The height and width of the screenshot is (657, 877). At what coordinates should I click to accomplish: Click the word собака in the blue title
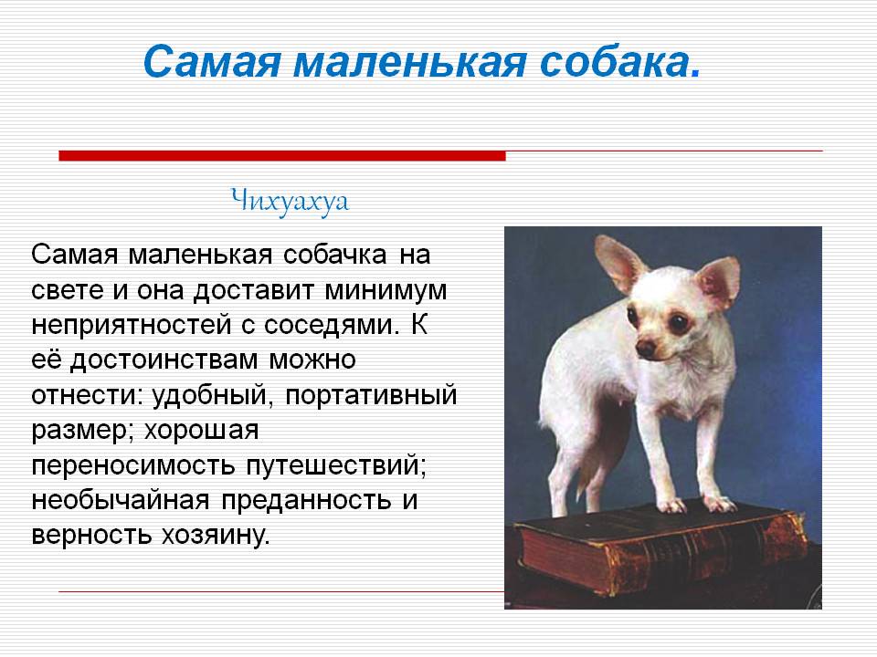(614, 61)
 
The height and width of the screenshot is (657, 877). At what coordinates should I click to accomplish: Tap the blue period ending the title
(695, 73)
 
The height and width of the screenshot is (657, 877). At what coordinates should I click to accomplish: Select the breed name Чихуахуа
(290, 201)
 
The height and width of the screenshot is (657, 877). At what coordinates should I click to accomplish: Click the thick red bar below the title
(282, 156)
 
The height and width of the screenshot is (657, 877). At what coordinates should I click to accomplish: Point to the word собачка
(334, 255)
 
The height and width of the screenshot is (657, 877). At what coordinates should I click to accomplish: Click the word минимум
(386, 290)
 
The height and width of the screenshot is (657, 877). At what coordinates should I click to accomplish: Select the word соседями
(331, 326)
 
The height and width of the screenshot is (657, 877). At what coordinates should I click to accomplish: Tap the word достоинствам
(164, 360)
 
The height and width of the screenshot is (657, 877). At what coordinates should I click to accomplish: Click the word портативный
(371, 395)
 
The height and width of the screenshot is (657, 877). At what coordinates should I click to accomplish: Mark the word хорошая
(201, 431)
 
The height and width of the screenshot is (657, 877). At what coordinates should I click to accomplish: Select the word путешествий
(335, 465)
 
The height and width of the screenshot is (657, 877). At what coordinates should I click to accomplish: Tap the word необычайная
(121, 500)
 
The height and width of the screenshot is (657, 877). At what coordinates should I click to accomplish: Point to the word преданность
(306, 500)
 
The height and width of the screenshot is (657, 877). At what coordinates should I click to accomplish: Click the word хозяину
(216, 536)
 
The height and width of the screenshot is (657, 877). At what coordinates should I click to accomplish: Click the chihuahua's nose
(646, 349)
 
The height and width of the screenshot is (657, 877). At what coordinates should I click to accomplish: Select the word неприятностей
(132, 326)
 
